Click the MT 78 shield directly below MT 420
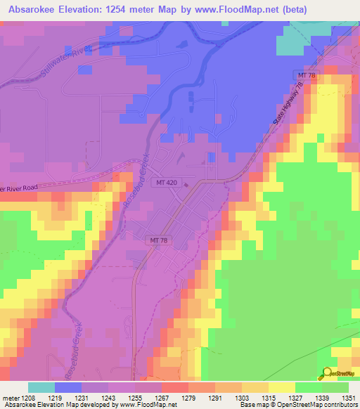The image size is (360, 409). coord(159,240)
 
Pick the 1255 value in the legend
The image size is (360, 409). coord(135,398)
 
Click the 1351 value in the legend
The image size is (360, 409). coord(349,398)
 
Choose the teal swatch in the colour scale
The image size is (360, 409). coord(41,387)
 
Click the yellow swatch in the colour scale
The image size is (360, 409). coord(281,387)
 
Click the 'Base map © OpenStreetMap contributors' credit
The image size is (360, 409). coord(297,405)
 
